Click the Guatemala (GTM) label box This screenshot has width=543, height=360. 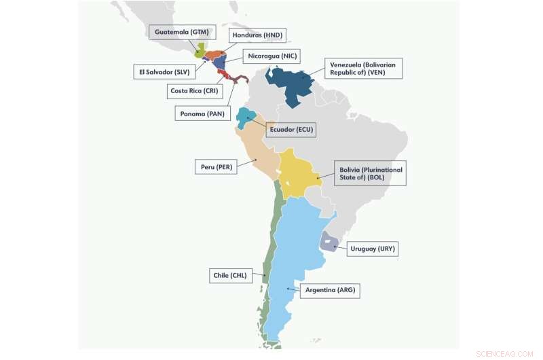[183, 32]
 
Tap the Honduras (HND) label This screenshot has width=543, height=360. [257, 35]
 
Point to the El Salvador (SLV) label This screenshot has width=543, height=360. [162, 71]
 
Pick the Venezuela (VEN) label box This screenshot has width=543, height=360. [364, 68]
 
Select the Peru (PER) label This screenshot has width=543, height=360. [215, 166]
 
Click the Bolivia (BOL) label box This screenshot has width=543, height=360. [371, 173]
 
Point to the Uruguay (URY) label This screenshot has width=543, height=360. [373, 249]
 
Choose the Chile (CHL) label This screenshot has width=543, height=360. [231, 276]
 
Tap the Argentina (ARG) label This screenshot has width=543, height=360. [330, 290]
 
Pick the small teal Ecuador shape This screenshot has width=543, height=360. [244, 119]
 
